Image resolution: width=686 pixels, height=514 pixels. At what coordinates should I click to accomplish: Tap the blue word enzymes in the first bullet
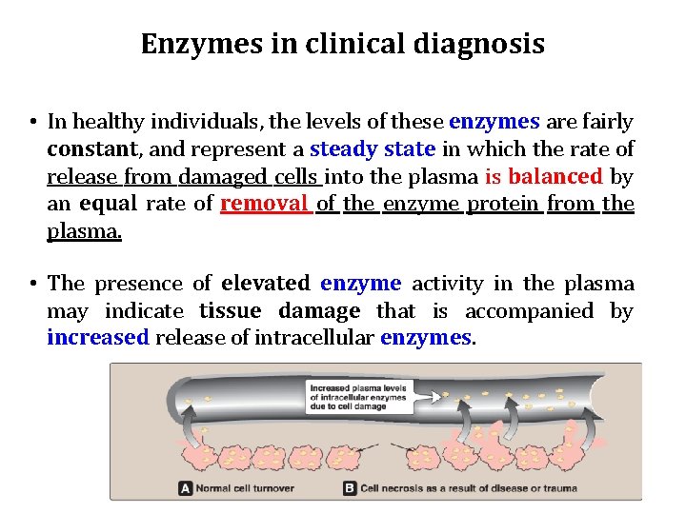(x=494, y=122)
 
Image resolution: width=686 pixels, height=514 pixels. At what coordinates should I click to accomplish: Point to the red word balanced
(x=555, y=176)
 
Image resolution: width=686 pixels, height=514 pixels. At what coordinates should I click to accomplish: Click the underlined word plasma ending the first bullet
(x=84, y=231)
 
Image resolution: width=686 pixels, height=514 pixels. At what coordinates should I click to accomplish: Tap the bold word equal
(x=109, y=204)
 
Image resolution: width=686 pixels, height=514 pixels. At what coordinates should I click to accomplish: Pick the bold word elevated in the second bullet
(x=265, y=284)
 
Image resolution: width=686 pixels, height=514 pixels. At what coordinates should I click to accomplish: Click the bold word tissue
(x=232, y=311)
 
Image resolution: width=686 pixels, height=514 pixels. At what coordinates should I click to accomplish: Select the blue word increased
(x=98, y=338)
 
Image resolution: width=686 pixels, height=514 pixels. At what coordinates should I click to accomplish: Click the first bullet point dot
(x=32, y=123)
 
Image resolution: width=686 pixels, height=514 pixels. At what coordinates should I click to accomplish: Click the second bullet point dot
(x=32, y=285)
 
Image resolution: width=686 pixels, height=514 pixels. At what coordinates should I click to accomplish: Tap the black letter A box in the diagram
(x=187, y=488)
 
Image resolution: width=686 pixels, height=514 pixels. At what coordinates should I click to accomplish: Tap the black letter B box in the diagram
(x=350, y=488)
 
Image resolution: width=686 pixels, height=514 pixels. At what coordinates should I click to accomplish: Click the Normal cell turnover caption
(x=246, y=488)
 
